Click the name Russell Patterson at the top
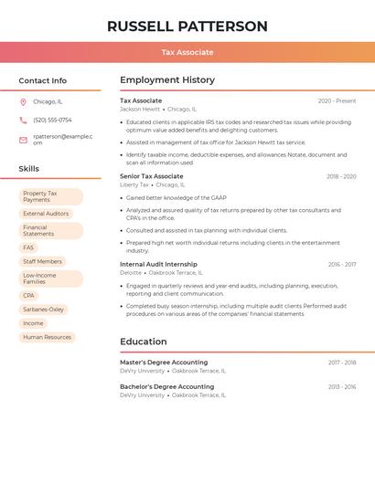(x=187, y=26)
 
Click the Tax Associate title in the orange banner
(x=187, y=52)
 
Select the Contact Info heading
(x=43, y=80)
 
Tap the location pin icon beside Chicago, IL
(x=23, y=101)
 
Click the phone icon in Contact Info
(x=23, y=120)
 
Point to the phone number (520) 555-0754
(x=52, y=120)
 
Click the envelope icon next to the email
(x=23, y=140)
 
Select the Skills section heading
(x=29, y=168)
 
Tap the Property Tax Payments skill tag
(x=50, y=196)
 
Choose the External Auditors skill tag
(x=46, y=214)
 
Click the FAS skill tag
(x=28, y=247)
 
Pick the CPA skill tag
(x=28, y=295)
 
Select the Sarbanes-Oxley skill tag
(x=43, y=310)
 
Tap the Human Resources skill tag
(x=47, y=337)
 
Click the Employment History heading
(x=167, y=80)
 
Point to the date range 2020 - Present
(x=337, y=101)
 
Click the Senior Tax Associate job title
(x=152, y=176)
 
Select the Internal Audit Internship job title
(x=158, y=265)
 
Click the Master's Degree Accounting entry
(x=164, y=363)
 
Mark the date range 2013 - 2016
(x=342, y=387)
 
